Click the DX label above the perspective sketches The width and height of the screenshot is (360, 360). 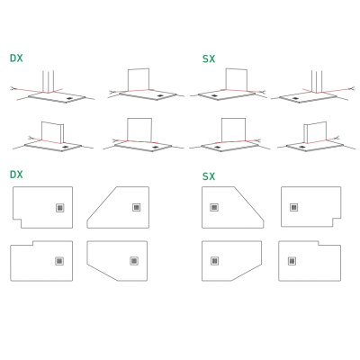16,58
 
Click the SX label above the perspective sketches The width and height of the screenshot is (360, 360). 209,59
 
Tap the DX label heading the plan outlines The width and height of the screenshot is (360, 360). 16,175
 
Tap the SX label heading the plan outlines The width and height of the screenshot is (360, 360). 209,176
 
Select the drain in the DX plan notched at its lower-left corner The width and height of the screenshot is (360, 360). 60,208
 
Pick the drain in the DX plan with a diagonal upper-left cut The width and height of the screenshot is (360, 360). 137,207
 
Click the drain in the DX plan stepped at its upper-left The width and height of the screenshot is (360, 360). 59,261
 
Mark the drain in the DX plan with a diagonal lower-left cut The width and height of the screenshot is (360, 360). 134,261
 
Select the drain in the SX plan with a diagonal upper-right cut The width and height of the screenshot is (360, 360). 214,207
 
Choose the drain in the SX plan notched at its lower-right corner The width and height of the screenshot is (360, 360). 294,207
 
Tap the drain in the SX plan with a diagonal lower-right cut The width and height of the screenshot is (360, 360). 214,261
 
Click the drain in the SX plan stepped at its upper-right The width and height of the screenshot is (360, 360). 292,261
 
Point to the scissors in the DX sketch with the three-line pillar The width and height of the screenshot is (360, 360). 13,88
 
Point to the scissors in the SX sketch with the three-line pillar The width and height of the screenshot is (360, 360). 351,88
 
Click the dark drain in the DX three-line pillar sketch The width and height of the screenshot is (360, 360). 69,98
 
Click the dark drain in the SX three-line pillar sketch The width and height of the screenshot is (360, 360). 295,98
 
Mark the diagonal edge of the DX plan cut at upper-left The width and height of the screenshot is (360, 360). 102,204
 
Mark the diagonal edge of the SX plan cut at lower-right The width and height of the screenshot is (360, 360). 247,273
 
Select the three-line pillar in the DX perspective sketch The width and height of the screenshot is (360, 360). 49,81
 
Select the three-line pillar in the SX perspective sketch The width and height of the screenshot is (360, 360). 317,81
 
